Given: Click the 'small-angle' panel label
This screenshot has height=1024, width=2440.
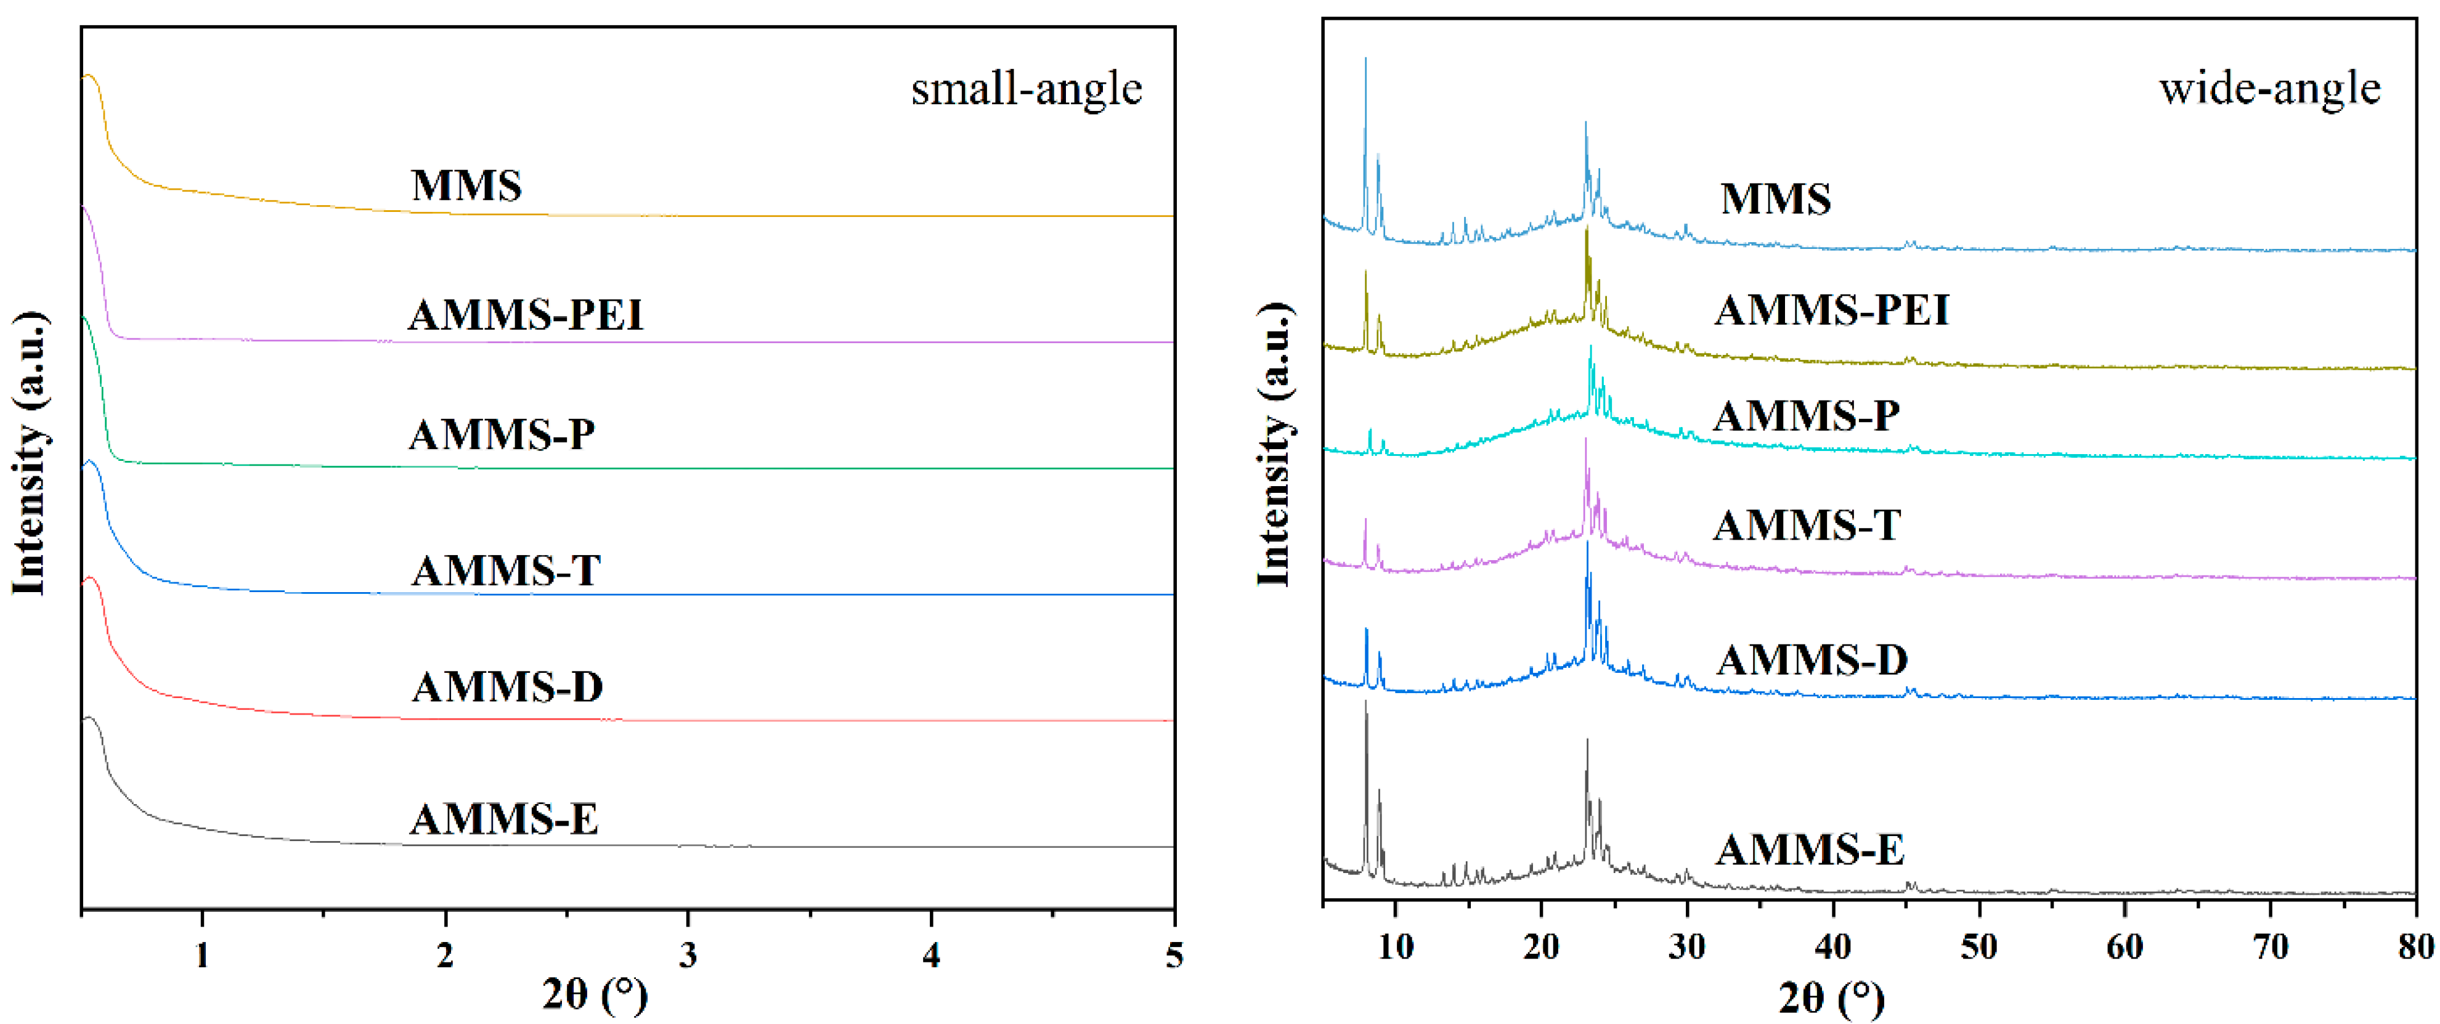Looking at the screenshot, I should tap(1026, 89).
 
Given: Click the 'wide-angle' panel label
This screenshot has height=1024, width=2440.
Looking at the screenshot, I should tap(2269, 89).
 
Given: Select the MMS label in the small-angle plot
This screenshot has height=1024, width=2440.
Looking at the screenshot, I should tap(466, 185).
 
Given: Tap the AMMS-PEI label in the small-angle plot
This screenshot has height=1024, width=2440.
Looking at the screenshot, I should tap(525, 314).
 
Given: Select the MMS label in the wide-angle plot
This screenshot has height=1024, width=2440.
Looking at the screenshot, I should tap(1775, 199).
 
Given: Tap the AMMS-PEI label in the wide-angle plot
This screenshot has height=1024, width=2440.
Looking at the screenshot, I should tap(1831, 311).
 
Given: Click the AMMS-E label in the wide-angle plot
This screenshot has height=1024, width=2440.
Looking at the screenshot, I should tap(1810, 850).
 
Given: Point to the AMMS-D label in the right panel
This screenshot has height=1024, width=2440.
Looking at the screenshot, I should tap(1812, 659).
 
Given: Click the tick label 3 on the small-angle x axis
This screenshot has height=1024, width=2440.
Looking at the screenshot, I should tap(688, 955).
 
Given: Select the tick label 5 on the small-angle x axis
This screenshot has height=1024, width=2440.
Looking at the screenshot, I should tap(1174, 955).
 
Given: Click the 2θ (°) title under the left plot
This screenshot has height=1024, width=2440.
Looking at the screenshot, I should tap(595, 994).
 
